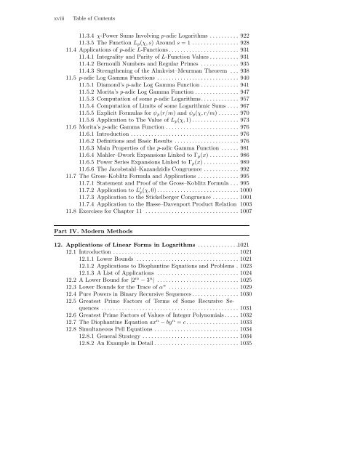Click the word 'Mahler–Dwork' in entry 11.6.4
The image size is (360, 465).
pyautogui.click(x=126, y=196)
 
